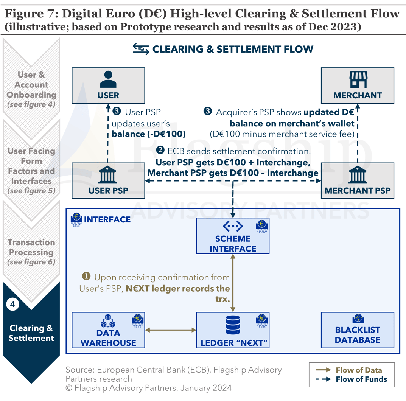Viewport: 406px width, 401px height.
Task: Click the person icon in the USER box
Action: click(108, 79)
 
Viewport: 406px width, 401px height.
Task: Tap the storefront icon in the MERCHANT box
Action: click(358, 79)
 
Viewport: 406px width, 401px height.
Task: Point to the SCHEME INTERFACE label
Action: click(233, 244)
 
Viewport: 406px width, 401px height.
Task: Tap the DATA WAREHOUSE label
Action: click(108, 338)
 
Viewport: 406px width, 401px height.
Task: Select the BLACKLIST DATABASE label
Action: click(357, 335)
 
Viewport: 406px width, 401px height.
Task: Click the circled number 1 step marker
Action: click(86, 277)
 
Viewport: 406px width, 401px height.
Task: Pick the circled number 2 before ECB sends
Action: click(160, 151)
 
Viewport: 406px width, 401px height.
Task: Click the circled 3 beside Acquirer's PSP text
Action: click(208, 112)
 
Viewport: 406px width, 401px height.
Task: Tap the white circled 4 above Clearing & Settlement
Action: click(12, 304)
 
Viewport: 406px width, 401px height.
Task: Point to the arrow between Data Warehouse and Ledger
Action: click(171, 330)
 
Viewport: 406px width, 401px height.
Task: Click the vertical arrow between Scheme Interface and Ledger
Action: click(233, 283)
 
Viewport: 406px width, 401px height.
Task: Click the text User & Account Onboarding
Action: click(31, 85)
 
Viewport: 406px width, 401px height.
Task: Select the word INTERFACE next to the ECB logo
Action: click(107, 219)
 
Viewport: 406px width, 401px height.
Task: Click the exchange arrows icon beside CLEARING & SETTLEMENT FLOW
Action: click(141, 49)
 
